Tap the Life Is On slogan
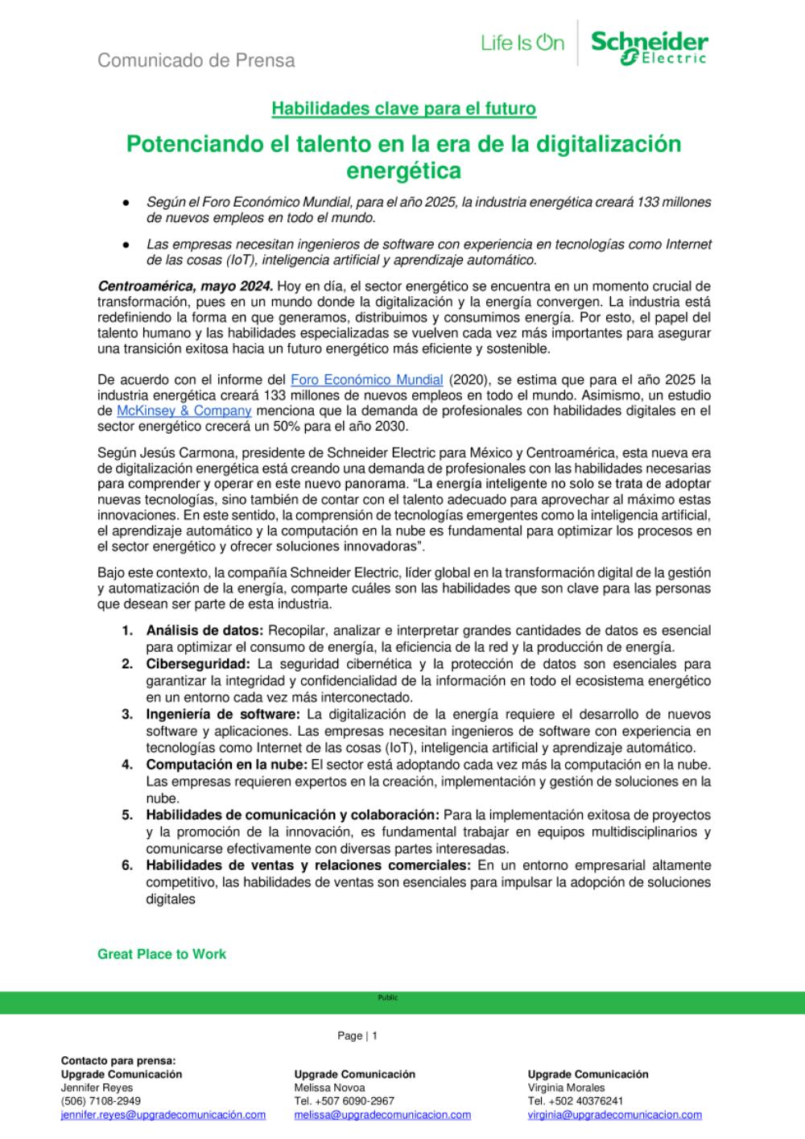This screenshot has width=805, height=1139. [522, 43]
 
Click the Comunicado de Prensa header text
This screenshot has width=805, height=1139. [196, 60]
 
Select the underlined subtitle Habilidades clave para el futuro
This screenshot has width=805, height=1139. [403, 108]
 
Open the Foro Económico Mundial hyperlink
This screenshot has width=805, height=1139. [366, 379]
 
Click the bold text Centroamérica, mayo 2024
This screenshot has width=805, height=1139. [185, 286]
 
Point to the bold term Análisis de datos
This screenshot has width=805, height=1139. [204, 630]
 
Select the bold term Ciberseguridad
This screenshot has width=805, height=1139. [198, 664]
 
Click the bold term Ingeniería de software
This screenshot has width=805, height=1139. [222, 714]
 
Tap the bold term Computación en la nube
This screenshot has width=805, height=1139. [226, 764]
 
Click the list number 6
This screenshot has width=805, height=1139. [126, 865]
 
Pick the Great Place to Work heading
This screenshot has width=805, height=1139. [162, 954]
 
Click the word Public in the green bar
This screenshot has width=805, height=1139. [388, 998]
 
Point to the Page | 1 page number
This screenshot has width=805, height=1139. [357, 1036]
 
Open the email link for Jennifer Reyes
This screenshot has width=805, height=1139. [163, 1116]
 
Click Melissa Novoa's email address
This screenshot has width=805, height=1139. [382, 1116]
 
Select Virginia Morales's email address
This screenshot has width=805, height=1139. [614, 1116]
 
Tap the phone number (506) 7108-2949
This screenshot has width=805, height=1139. [101, 1101]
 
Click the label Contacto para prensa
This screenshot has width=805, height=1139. [118, 1061]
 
